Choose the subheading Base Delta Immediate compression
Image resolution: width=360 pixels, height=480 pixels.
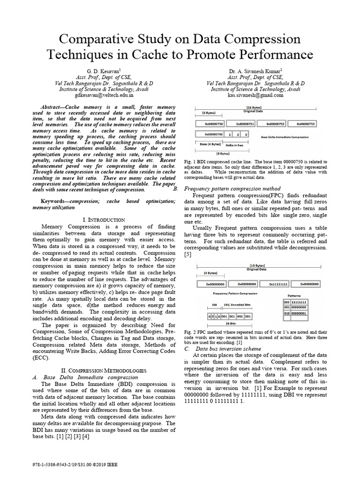90,377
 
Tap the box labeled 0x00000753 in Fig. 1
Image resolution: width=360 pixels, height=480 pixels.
305,124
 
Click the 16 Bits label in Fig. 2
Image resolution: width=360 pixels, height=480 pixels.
230,323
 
